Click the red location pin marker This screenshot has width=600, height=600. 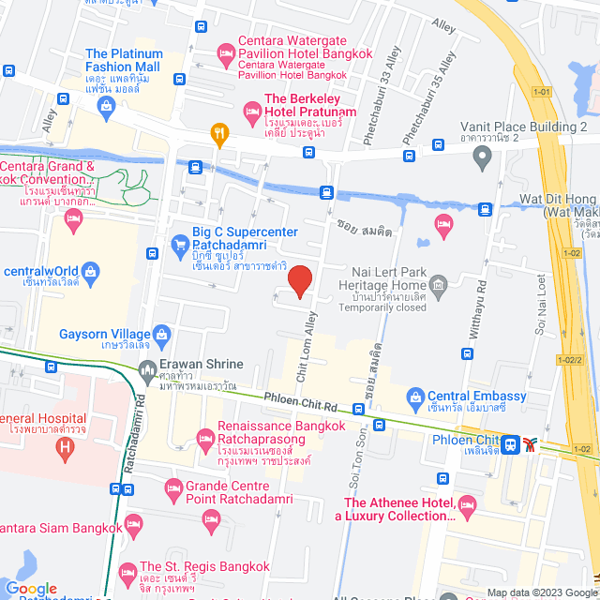[299, 280]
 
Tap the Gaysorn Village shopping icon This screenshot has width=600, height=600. [163, 334]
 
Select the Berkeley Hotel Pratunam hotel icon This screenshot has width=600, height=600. [252, 112]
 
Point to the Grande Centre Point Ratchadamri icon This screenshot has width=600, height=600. [172, 487]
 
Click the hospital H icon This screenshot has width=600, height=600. [65, 448]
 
